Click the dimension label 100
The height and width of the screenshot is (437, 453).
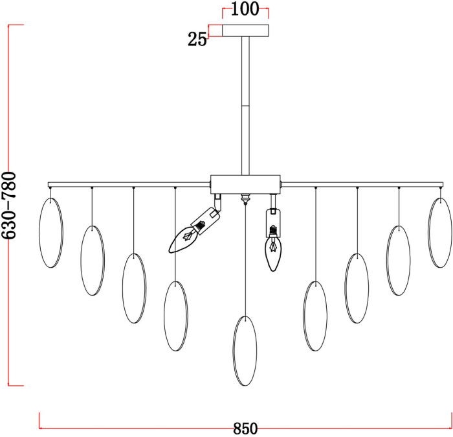pos(245,9)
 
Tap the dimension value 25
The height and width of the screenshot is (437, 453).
pos(197,39)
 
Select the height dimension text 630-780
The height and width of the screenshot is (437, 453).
pos(9,205)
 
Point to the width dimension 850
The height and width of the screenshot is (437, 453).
pos(245,429)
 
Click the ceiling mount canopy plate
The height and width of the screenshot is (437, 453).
pos(245,30)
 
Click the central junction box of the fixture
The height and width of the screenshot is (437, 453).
pos(245,184)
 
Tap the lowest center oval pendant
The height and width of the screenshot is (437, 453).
pos(245,351)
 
